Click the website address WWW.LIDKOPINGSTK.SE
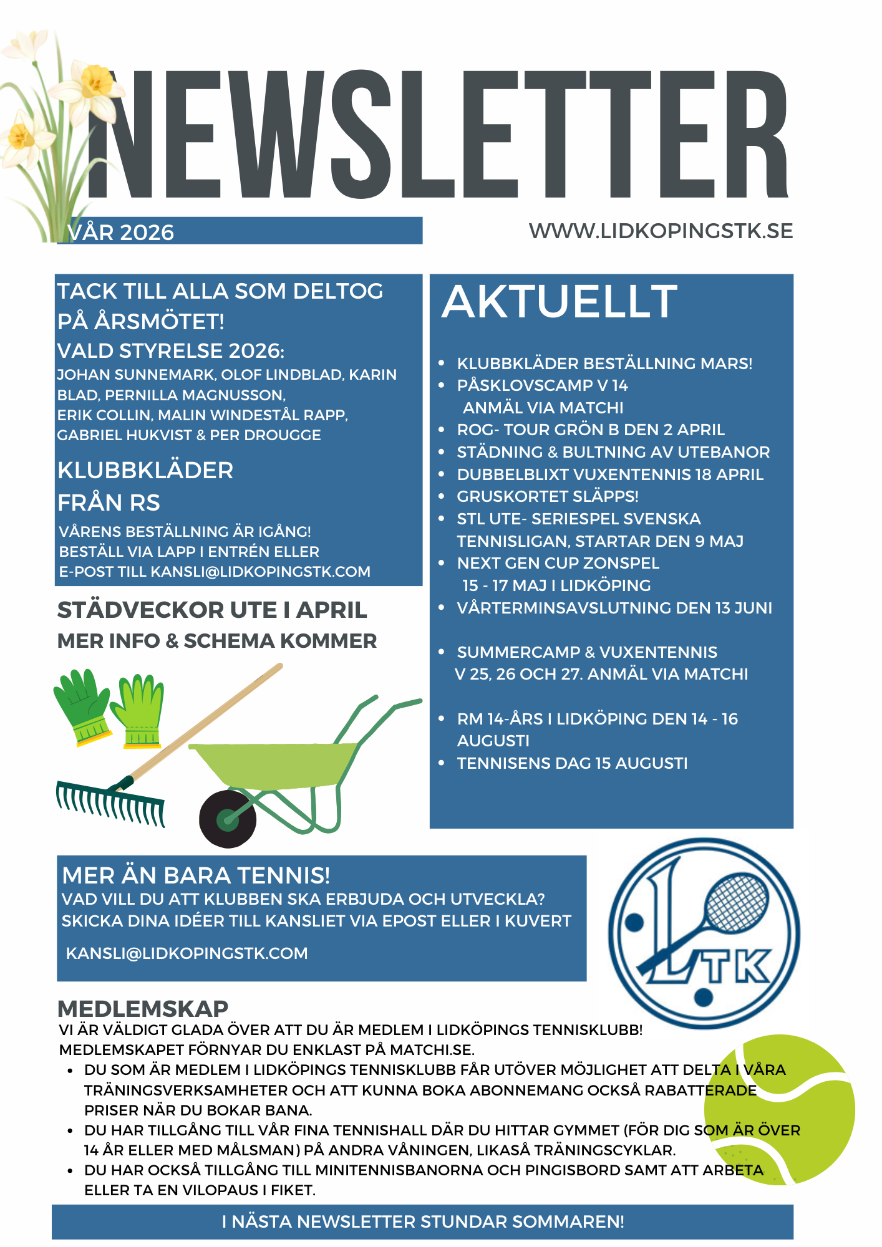click(661, 231)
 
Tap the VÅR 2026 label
click(121, 232)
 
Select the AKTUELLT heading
click(560, 301)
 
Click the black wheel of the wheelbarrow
click(227, 819)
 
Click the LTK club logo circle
click(704, 932)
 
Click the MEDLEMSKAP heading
click(143, 1009)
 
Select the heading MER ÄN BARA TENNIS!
click(196, 875)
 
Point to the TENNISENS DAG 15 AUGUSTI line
click(572, 763)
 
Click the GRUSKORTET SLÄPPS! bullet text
click(548, 496)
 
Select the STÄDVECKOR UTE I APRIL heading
click(212, 610)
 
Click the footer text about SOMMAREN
click(423, 1221)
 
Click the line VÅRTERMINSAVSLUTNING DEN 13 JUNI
click(614, 608)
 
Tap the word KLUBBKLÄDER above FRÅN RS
click(145, 470)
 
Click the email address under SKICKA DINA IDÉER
click(187, 953)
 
